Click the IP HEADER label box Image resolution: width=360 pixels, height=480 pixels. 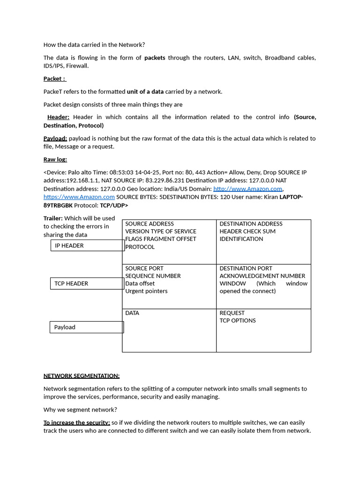87,246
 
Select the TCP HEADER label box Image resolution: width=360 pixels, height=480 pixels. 87,284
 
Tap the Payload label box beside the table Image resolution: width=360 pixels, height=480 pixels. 86,327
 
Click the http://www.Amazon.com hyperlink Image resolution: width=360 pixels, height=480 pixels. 247,188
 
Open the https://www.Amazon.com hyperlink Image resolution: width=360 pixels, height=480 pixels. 79,197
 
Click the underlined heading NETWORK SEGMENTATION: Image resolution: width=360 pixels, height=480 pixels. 82,375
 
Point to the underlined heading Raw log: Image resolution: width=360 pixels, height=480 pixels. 55,159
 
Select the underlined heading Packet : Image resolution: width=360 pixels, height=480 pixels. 54,79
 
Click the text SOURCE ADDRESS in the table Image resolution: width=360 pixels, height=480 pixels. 150,224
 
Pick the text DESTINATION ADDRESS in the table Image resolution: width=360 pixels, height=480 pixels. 251,224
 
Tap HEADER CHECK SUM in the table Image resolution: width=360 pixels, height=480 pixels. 247,232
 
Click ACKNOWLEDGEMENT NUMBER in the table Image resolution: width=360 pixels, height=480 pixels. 262,276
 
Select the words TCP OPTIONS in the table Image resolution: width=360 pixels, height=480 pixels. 238,321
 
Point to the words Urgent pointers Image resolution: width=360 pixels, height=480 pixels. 146,291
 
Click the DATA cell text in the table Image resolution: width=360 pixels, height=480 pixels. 132,313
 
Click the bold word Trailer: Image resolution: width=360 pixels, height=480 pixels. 53,218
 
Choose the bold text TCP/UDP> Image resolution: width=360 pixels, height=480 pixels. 114,205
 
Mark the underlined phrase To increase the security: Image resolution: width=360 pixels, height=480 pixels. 77,422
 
